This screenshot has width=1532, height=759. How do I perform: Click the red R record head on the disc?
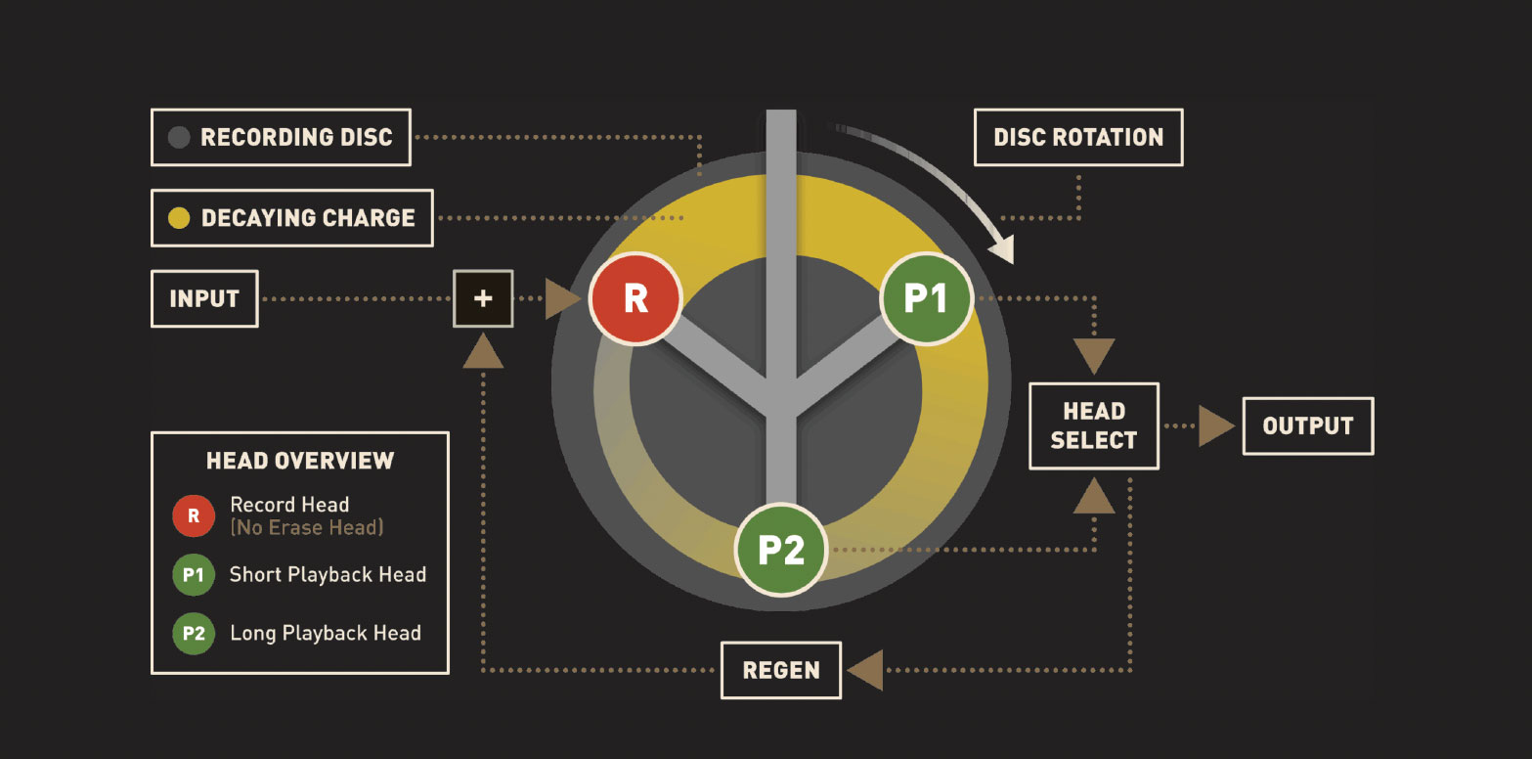[x=635, y=298]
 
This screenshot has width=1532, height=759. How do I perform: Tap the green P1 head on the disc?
[x=926, y=298]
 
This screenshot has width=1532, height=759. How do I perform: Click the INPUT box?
[x=204, y=298]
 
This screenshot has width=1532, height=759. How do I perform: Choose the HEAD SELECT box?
[x=1094, y=425]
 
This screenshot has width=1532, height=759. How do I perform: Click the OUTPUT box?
[x=1307, y=425]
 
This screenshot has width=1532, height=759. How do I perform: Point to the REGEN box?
[x=780, y=670]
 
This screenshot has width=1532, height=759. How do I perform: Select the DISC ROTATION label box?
[x=1078, y=137]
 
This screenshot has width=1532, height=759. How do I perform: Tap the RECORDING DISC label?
[x=296, y=137]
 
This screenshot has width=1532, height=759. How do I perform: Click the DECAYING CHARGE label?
[x=308, y=218]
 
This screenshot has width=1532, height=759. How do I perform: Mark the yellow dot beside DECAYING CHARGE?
[x=179, y=218]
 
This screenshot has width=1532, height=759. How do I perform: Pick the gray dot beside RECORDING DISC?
[x=179, y=137]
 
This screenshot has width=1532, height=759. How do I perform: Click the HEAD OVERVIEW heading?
[x=300, y=461]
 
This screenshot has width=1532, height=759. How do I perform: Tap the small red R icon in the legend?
[x=194, y=516]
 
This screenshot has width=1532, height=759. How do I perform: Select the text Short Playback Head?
[x=328, y=575]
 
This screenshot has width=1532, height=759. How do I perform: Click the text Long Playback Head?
[x=326, y=634]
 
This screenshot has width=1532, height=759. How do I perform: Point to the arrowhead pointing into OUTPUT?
[x=1216, y=426]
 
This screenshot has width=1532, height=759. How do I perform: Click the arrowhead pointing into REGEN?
[x=864, y=671]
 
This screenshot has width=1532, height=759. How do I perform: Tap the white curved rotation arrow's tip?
[x=1006, y=256]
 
